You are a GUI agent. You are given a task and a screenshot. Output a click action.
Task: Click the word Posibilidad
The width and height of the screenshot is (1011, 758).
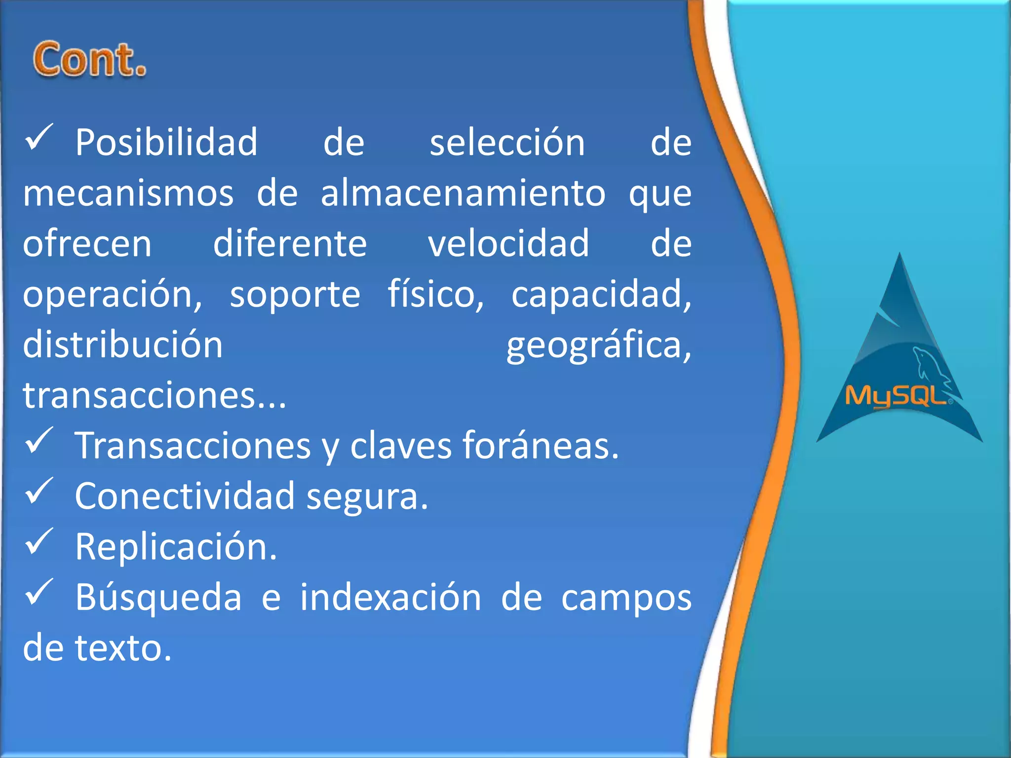pos(166,143)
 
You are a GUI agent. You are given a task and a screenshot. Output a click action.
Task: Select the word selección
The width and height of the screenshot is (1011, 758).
pos(507,143)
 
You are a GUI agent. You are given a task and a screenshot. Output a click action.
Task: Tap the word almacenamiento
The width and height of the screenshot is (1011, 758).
pos(463,193)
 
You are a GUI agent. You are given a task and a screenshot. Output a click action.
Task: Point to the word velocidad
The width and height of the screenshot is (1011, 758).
pos(508,243)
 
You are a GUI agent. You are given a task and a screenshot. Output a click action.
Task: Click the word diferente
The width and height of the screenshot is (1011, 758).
pos(290,243)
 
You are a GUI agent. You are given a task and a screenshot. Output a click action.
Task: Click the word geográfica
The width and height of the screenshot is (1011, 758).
pos(599,345)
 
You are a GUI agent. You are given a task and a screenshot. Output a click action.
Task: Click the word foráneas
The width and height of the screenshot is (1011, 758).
pos(540,446)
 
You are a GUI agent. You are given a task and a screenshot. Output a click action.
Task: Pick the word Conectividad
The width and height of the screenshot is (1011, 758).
pos(185,496)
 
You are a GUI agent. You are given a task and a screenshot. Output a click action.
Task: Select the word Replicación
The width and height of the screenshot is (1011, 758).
pos(176,547)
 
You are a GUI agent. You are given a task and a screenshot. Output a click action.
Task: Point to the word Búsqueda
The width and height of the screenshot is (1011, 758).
pos(158,598)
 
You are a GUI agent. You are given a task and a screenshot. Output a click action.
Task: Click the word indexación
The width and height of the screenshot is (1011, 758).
pos(390,598)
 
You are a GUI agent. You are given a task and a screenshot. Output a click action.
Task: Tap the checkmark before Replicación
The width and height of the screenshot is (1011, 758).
pos(39,541)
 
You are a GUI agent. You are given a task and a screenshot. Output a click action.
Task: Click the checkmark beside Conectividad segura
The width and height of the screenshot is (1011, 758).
pos(39,491)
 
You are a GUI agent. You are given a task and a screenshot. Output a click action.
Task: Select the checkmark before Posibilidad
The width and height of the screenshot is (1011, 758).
pos(39,137)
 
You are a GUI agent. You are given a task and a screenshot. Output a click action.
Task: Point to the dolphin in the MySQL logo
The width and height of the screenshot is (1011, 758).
pos(928,365)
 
